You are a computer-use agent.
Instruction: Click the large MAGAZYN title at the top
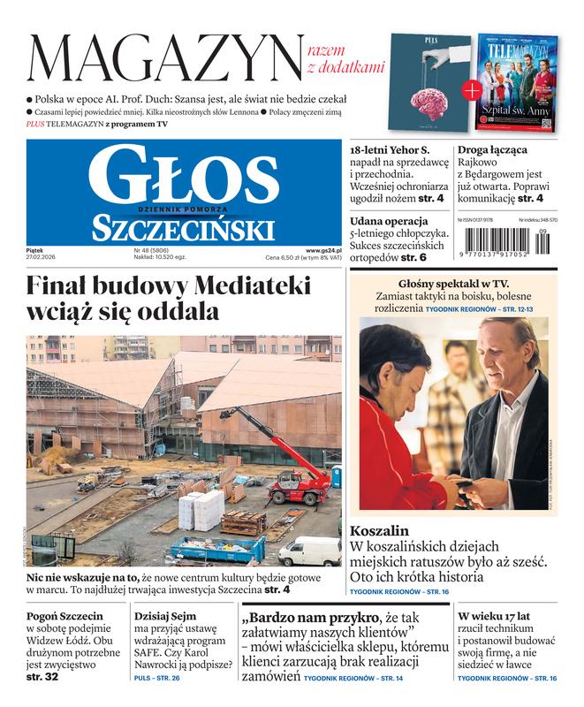tap(164, 58)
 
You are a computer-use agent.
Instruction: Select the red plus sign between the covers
tap(473, 90)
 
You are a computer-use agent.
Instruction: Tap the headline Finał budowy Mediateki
tap(168, 299)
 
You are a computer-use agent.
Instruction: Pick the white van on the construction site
tap(309, 551)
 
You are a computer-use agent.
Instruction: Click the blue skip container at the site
tap(216, 550)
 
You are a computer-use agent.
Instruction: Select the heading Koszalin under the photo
tap(380, 531)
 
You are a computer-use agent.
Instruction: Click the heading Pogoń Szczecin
tap(64, 616)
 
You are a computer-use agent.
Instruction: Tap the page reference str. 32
tap(42, 676)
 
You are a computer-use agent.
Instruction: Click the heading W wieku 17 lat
tap(494, 616)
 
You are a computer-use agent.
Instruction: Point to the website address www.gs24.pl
tap(323, 250)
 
